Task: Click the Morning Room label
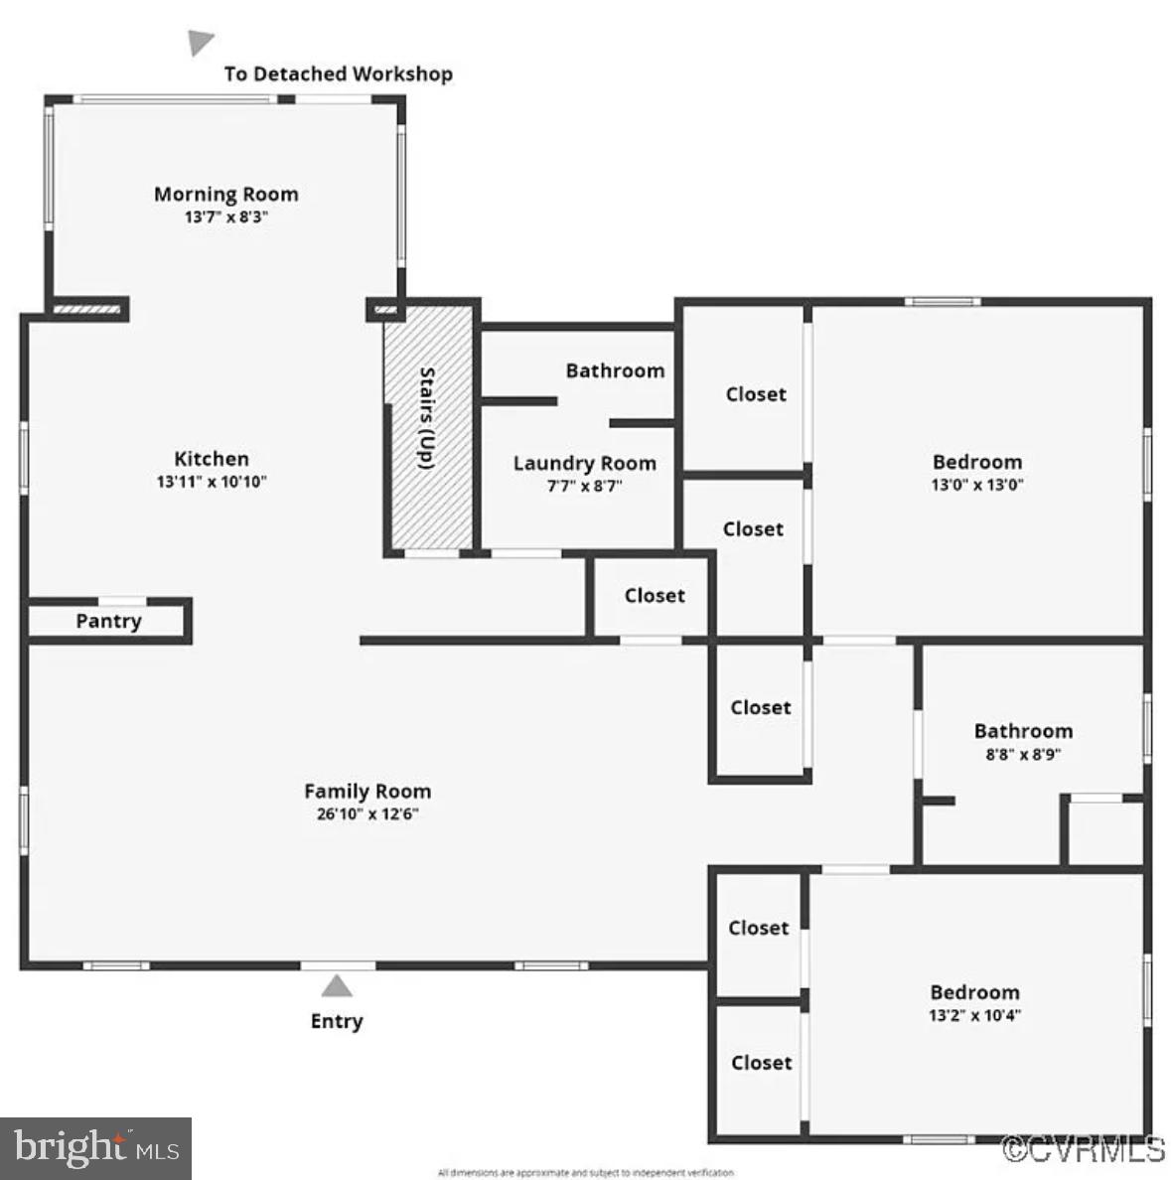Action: tap(225, 194)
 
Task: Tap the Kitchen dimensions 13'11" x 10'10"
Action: tap(212, 482)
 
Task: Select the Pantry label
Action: tap(108, 621)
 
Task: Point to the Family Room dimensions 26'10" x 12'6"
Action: tap(367, 814)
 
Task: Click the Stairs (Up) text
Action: tap(427, 418)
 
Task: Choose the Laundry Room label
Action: tap(584, 463)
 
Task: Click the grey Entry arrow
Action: tap(337, 985)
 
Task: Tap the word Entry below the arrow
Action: tap(337, 1021)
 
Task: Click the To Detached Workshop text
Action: tap(338, 74)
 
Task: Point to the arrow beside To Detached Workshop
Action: tap(201, 42)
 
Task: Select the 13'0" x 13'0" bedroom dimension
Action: tap(977, 485)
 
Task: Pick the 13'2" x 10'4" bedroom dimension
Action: tap(974, 1015)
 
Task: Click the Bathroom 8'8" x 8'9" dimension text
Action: tap(1023, 754)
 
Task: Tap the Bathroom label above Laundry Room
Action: tap(615, 370)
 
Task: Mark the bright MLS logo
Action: tap(95, 1149)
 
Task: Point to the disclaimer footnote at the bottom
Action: tap(586, 1173)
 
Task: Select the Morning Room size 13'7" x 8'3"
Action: tap(225, 217)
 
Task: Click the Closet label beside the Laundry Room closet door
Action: tap(655, 595)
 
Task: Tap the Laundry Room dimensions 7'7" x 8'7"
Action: tap(584, 486)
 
